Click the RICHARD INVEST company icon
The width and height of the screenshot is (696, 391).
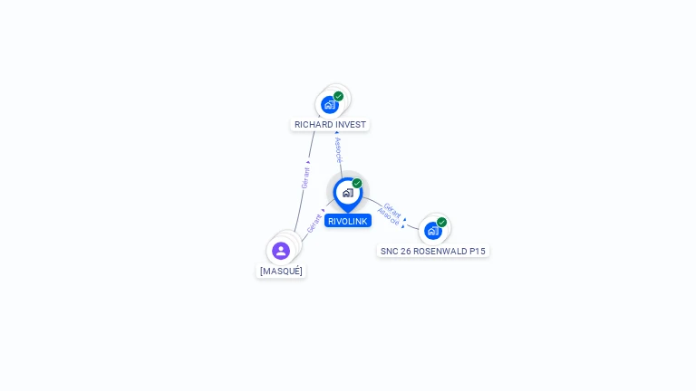click(x=330, y=105)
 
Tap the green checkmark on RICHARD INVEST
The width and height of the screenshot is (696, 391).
click(x=338, y=96)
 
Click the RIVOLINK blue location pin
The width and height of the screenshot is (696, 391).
click(x=348, y=195)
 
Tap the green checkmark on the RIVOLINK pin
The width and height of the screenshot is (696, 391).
click(x=357, y=183)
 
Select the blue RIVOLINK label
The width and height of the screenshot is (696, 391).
click(x=348, y=221)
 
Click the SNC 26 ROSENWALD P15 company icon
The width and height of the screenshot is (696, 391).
click(x=433, y=231)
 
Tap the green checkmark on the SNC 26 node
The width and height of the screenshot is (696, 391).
click(x=441, y=222)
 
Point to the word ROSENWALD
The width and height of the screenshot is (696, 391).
click(x=440, y=252)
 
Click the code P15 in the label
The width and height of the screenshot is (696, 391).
click(x=478, y=252)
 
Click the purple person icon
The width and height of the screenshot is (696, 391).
click(x=281, y=251)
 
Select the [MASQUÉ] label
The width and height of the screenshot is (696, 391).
click(x=281, y=272)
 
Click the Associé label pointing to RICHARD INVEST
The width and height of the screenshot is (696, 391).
click(x=339, y=150)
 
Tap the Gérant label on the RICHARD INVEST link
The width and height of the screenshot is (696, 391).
click(x=305, y=178)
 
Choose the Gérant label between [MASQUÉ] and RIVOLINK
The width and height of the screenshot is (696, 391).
click(x=314, y=224)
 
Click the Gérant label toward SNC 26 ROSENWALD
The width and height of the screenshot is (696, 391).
click(x=392, y=210)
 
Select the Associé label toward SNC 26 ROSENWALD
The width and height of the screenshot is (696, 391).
click(x=389, y=216)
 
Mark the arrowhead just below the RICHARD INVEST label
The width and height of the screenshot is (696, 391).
click(x=336, y=132)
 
